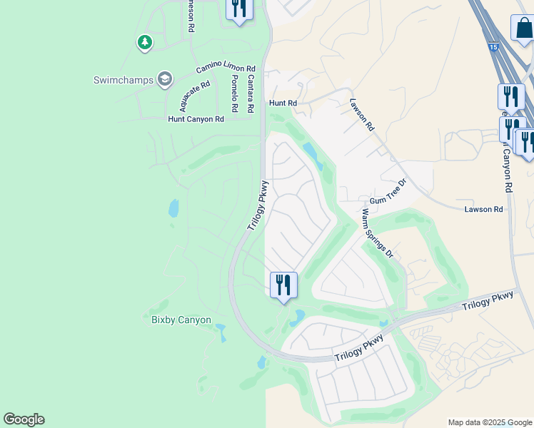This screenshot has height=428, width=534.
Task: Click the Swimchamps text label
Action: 124,80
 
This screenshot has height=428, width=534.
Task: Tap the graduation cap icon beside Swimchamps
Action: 166,78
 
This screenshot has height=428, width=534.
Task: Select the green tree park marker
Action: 145,44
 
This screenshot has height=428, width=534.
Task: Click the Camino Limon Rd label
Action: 226,68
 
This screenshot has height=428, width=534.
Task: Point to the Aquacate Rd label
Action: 195,96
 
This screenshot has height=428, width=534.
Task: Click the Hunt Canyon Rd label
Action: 196,119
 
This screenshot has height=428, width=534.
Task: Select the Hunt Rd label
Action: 282,103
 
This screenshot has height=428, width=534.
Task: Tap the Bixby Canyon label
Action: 181,320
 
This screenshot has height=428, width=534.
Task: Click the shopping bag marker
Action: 523,29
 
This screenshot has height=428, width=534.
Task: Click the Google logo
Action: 24,419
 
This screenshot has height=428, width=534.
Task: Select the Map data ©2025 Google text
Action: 489,422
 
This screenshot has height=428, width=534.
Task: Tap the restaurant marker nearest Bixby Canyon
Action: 283,285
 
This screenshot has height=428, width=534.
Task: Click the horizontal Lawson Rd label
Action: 483,209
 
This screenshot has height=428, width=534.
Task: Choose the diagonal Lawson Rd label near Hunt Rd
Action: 362,114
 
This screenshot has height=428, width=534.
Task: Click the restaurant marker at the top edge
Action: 238,9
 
